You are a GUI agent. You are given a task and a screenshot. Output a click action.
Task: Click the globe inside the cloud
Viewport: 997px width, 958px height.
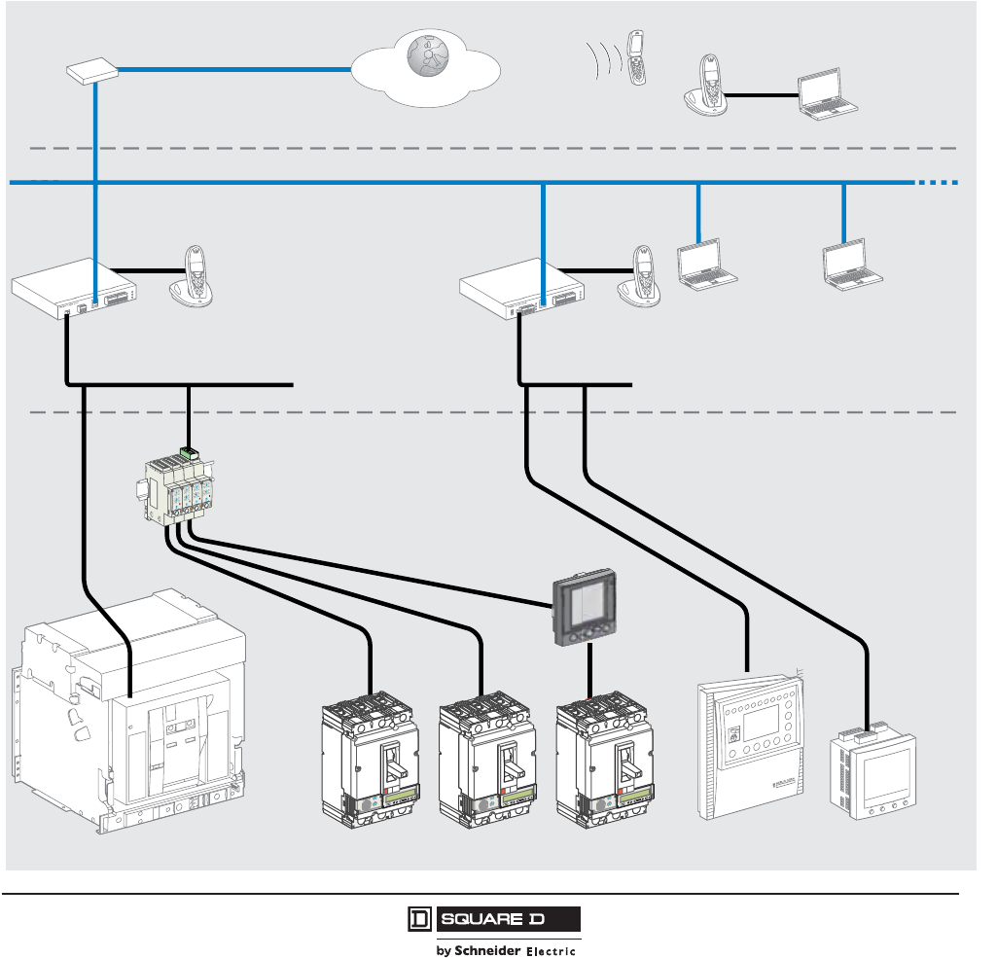point(427,55)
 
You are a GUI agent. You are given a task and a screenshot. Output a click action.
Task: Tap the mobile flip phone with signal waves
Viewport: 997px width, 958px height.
point(636,57)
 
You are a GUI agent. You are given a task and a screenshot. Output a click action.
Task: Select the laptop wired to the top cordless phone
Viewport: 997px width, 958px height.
point(827,94)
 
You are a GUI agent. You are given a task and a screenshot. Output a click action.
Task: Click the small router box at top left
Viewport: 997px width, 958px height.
point(92,71)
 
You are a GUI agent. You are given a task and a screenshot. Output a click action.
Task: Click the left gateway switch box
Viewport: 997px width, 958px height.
point(74,288)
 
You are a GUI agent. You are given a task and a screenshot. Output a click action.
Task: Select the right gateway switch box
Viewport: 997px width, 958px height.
point(522,288)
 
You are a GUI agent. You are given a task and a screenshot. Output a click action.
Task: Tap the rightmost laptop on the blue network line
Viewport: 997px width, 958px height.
point(851,265)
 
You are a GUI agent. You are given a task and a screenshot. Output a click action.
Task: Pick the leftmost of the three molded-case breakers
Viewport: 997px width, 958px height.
point(370,760)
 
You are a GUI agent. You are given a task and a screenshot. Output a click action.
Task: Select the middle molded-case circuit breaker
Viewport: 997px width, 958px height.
point(487,760)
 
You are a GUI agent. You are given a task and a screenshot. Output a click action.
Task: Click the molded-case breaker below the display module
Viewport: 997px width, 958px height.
point(605,760)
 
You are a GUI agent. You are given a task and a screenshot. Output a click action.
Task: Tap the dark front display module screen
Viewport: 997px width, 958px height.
point(585,607)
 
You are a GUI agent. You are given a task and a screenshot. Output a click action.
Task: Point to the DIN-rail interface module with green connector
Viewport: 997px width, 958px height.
point(175,486)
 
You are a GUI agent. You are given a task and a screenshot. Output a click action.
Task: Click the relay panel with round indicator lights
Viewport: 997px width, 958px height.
point(751,747)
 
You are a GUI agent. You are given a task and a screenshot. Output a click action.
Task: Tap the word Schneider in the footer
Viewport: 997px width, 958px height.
point(487,950)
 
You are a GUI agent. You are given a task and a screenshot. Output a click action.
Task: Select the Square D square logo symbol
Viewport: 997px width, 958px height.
point(419,919)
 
